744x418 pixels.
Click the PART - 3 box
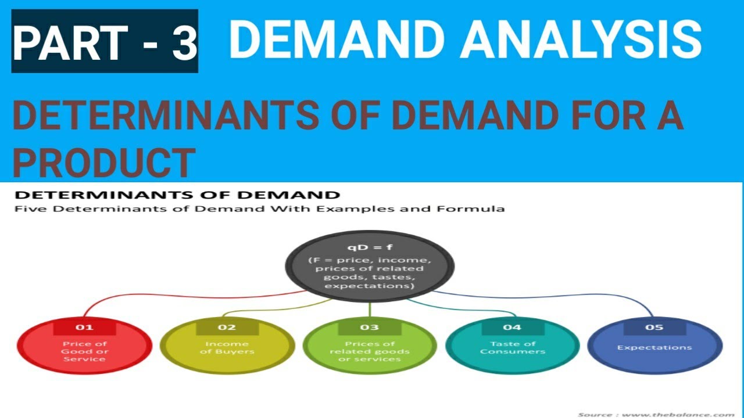(105, 42)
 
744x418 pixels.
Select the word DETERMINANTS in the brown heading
(165, 116)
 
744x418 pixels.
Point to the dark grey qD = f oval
(369, 265)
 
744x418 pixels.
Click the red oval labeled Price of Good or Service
(84, 348)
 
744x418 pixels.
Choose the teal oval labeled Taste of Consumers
(512, 348)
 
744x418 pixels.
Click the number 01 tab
(84, 327)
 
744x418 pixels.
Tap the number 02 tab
(227, 327)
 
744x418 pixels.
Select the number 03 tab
(369, 327)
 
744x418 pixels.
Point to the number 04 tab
(512, 327)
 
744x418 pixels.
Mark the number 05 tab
(654, 327)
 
